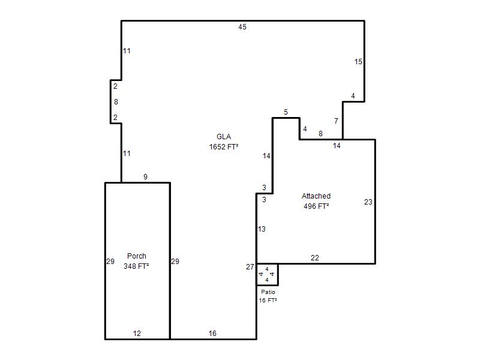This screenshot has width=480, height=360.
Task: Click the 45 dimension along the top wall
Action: pyautogui.click(x=242, y=27)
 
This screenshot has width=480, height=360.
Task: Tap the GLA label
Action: pyautogui.click(x=224, y=137)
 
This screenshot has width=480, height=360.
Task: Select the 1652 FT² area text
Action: pyautogui.click(x=224, y=147)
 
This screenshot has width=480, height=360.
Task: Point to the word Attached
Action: pyautogui.click(x=316, y=196)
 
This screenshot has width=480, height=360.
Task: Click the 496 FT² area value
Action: pyautogui.click(x=316, y=206)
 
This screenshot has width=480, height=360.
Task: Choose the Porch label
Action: pyautogui.click(x=137, y=256)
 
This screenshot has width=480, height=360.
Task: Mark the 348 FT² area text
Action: pyautogui.click(x=136, y=266)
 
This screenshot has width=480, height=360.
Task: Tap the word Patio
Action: pyautogui.click(x=268, y=292)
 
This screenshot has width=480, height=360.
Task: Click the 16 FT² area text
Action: pyautogui.click(x=268, y=301)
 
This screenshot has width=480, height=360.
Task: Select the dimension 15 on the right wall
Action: pyautogui.click(x=358, y=62)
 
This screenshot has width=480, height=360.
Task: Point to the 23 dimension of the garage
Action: pyautogui.click(x=368, y=202)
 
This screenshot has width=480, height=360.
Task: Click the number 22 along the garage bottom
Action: pyautogui.click(x=314, y=258)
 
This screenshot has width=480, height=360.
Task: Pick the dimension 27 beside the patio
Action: pyautogui.click(x=250, y=267)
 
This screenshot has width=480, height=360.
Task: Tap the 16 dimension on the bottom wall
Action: pyautogui.click(x=212, y=334)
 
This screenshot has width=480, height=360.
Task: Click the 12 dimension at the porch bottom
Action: pyautogui.click(x=137, y=334)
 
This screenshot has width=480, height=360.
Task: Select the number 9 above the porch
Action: pyautogui.click(x=145, y=177)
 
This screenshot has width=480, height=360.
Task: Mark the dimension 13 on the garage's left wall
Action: pyautogui.click(x=262, y=229)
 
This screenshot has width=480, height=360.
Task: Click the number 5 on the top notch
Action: pyautogui.click(x=286, y=112)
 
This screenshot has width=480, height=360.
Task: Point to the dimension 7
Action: pyautogui.click(x=336, y=121)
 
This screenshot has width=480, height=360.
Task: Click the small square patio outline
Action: pyautogui.click(x=278, y=275)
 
